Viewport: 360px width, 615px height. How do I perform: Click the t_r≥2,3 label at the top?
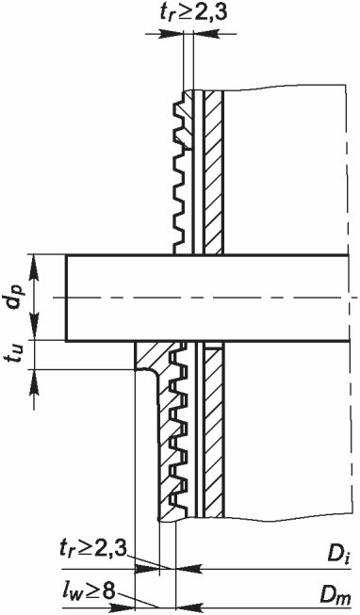pos(193,13)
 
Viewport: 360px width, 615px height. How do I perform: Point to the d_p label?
pos(16,297)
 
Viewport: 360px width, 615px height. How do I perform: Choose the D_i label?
pos(339,556)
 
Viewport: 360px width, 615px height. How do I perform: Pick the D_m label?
pos(335,598)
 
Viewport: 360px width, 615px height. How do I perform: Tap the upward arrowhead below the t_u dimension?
pos(34,380)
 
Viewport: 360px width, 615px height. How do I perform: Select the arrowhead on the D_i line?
pos(188,568)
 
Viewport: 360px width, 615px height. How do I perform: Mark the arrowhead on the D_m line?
pos(188,607)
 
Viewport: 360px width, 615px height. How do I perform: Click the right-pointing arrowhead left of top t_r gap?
pos(172,34)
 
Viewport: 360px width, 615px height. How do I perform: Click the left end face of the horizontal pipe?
pos(66,298)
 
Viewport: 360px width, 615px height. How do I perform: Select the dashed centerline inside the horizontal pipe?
pos(205,298)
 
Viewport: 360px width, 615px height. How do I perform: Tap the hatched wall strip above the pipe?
pos(214,172)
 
